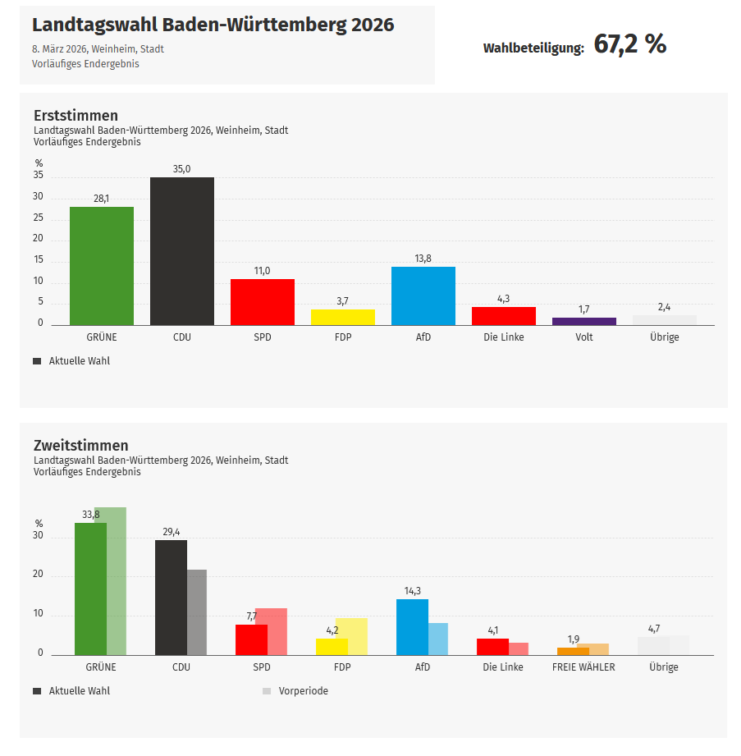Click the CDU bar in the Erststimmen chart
point(181,250)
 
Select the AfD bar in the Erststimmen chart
point(423,296)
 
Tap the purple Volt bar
point(583,321)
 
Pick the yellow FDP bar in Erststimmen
point(342,317)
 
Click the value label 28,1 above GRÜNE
point(101,199)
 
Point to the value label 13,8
point(423,259)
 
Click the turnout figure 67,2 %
point(629,45)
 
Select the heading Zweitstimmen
point(80,446)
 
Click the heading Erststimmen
point(75,116)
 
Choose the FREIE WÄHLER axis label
point(583,667)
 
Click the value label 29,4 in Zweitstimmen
point(171,532)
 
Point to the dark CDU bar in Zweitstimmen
point(171,597)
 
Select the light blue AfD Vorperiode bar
point(438,639)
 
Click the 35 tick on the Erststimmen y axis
point(39,176)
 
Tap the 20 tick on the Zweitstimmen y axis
point(39,575)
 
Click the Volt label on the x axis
point(583,337)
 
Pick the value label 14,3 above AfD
point(412,591)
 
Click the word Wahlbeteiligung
point(533,48)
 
